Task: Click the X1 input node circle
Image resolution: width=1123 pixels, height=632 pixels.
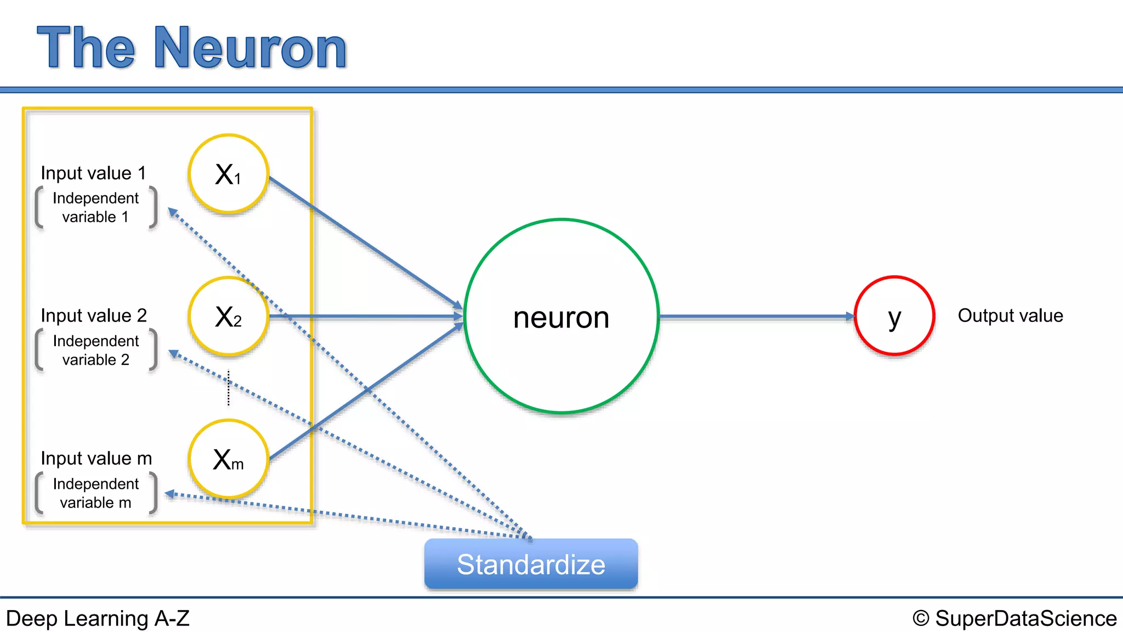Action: (228, 174)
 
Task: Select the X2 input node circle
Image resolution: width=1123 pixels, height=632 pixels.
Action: (228, 317)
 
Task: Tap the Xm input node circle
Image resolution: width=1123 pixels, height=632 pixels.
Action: (228, 459)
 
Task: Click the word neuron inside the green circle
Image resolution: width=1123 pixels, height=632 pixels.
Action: (561, 318)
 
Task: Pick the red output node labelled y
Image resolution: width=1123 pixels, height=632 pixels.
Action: (894, 316)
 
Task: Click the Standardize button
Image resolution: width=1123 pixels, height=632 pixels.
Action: (531, 564)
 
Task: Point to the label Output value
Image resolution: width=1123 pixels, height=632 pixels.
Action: (1010, 316)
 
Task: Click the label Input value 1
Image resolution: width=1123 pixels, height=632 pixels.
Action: (93, 173)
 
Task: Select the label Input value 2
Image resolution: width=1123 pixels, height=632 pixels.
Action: (94, 316)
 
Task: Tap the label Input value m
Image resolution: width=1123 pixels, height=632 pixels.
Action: (96, 459)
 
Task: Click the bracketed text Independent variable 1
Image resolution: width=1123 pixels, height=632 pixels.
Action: (95, 207)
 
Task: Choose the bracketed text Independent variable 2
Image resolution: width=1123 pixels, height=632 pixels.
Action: (95, 350)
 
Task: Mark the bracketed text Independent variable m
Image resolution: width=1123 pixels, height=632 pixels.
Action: (95, 493)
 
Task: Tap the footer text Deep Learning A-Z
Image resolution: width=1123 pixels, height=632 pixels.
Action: (98, 618)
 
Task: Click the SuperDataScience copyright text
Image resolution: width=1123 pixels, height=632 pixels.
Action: (1014, 618)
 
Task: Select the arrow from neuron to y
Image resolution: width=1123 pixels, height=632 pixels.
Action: (757, 317)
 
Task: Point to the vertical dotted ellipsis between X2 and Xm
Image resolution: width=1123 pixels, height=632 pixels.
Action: (229, 388)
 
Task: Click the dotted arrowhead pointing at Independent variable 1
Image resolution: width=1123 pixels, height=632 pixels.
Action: (173, 212)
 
